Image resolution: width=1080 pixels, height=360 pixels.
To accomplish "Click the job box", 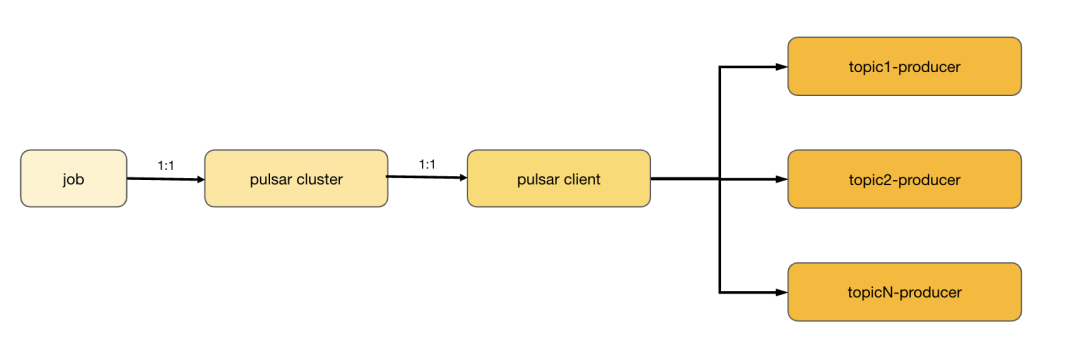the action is tap(74, 178).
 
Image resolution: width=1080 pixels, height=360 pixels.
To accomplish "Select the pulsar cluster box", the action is tap(296, 178).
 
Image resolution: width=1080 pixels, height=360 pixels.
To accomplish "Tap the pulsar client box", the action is tap(559, 178).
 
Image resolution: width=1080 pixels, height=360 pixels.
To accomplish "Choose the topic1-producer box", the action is tap(904, 66).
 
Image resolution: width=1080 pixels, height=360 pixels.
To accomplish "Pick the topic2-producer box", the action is tap(904, 179).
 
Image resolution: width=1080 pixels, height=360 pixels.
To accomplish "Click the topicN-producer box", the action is tap(904, 292).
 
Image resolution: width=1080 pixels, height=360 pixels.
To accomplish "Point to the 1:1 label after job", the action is tap(166, 166).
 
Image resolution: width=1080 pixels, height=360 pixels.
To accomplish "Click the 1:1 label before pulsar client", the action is tap(427, 164).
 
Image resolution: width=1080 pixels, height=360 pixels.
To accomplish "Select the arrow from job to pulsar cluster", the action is tap(166, 179).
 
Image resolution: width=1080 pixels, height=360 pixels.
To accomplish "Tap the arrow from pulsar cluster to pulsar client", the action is tap(428, 177).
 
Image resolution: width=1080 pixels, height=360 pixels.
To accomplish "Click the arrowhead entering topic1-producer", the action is tap(782, 67).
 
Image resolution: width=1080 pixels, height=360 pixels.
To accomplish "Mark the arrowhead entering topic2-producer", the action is tap(782, 179).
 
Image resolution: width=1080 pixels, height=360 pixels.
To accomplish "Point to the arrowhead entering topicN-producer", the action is tap(782, 292).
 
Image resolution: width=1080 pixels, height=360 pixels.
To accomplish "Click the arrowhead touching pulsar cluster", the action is tap(200, 180).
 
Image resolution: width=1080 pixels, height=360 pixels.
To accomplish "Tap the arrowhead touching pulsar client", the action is tap(461, 178).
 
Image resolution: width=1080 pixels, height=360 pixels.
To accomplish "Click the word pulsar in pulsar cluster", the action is tap(272, 180).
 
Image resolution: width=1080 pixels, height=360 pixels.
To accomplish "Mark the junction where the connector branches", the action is tap(720, 179).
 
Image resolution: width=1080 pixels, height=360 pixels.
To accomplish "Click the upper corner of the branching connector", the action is tap(720, 67).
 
